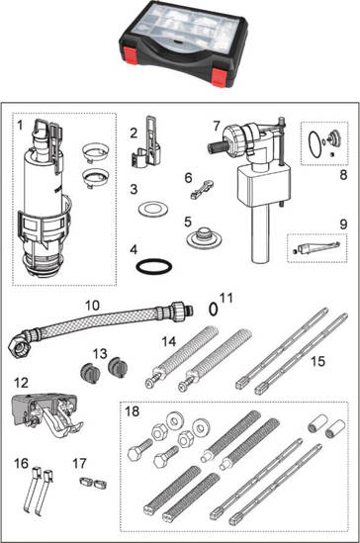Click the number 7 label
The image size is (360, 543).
pyautogui.click(x=217, y=126)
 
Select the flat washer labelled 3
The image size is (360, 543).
pyautogui.click(x=153, y=209)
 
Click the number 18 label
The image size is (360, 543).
pyautogui.click(x=132, y=411)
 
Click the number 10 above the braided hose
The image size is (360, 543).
pyautogui.click(x=92, y=306)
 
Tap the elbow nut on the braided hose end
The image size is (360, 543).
pyautogui.click(x=18, y=344)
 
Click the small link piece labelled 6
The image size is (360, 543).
pyautogui.click(x=202, y=190)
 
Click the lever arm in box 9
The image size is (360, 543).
pyautogui.click(x=316, y=248)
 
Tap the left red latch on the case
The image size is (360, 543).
pyautogui.click(x=131, y=56)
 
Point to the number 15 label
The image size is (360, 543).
pyautogui.click(x=317, y=362)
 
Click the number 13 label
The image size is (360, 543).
pyautogui.click(x=100, y=354)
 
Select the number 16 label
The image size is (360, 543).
pyautogui.click(x=21, y=463)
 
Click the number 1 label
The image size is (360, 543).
pyautogui.click(x=20, y=125)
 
